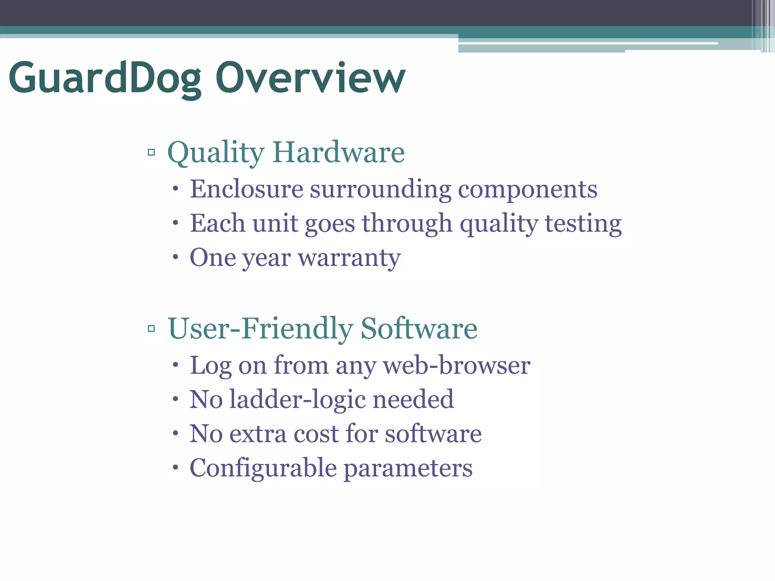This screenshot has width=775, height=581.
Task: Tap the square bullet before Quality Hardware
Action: coord(151,152)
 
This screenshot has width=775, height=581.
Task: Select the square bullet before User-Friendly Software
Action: coord(151,328)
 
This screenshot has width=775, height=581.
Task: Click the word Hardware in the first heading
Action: coord(338,152)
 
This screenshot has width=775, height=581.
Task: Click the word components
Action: coord(528,189)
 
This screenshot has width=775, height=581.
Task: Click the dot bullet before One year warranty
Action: coord(175,258)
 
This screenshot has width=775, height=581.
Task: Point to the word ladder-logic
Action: coord(297,400)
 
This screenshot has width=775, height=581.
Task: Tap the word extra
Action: coord(258,434)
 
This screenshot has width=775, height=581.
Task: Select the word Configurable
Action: coord(263,468)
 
